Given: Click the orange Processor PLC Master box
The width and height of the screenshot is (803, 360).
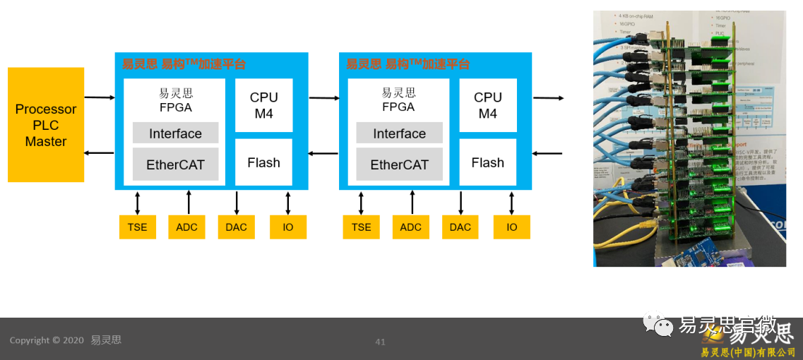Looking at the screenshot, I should (x=46, y=125).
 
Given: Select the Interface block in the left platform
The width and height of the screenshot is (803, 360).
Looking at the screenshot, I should (x=175, y=133).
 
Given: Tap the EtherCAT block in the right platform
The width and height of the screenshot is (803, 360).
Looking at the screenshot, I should (x=399, y=164).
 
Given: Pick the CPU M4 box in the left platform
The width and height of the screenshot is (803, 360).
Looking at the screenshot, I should (x=263, y=105).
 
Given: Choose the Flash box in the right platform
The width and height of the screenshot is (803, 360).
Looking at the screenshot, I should (x=487, y=162).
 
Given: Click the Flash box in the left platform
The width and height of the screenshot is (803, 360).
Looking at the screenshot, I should (x=263, y=162).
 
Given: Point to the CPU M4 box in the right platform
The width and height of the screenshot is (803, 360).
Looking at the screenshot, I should (x=487, y=105).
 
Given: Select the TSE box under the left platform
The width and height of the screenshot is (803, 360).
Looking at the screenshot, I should (x=138, y=227).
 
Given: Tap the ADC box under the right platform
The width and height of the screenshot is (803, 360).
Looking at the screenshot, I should (x=410, y=227).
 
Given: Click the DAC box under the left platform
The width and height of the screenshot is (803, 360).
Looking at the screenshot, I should (x=237, y=227).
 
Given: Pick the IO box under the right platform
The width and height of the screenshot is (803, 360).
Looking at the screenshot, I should (x=512, y=227).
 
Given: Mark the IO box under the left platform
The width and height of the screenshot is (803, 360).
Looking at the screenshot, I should (x=288, y=227).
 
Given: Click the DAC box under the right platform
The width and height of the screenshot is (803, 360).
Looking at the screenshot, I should (x=460, y=227).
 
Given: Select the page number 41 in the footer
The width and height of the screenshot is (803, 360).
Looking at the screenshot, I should (x=380, y=342).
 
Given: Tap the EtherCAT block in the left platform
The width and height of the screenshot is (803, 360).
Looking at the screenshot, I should (x=175, y=164).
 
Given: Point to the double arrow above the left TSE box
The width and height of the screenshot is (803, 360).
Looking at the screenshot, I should (x=138, y=203).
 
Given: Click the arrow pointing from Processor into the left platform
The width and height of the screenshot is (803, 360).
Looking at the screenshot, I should (x=99, y=97).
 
